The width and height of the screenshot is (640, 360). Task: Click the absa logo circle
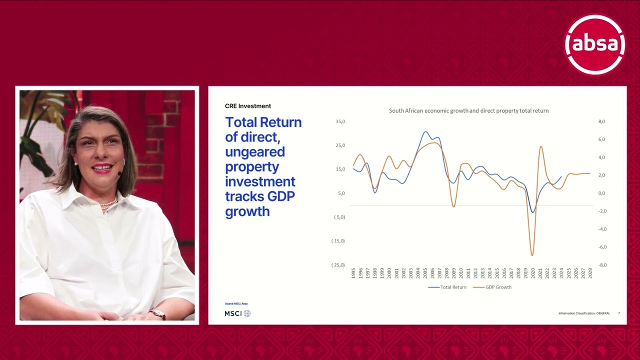[x=594, y=44]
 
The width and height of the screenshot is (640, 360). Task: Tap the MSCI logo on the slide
[x=237, y=313]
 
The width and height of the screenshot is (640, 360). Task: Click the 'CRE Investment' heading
[x=248, y=106]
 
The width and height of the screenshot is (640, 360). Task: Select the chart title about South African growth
[x=468, y=110]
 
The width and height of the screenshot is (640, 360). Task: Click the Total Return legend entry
[x=447, y=287]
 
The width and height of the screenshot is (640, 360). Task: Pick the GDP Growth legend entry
[x=492, y=287]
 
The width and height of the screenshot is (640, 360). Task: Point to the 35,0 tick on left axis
[x=340, y=121]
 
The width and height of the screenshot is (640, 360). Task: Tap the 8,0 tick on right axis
[x=601, y=121]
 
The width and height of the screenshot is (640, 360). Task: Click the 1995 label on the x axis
[x=353, y=273]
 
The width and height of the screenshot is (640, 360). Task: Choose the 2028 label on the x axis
[x=590, y=273]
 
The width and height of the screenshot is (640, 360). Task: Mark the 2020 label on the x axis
[x=533, y=273]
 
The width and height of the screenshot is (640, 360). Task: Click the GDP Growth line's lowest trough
[x=532, y=255]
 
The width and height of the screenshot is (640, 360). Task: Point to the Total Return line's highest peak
[x=425, y=132]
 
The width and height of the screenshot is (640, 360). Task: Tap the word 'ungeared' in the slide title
[x=255, y=151]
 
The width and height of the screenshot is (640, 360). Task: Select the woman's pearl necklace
[x=109, y=203]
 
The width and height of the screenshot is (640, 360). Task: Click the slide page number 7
[x=618, y=313]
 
